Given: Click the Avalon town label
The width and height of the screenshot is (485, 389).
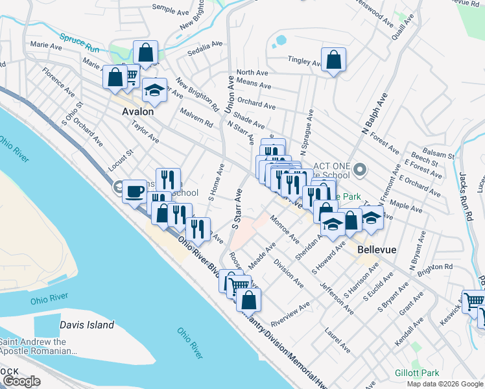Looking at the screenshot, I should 138,112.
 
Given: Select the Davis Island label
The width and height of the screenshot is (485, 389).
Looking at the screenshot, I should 87,325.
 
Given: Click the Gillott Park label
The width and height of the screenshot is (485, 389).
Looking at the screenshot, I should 417,373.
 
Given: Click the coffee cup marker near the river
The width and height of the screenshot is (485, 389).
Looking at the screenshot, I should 135,191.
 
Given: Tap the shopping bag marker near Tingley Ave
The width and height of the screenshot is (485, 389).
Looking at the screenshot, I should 333,60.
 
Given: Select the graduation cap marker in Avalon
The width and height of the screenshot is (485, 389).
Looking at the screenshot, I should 154,91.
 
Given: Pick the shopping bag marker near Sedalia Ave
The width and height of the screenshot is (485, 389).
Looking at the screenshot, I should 146,52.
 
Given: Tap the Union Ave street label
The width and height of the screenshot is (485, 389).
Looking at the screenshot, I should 230,95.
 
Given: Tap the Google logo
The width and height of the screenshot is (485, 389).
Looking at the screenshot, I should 22,381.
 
